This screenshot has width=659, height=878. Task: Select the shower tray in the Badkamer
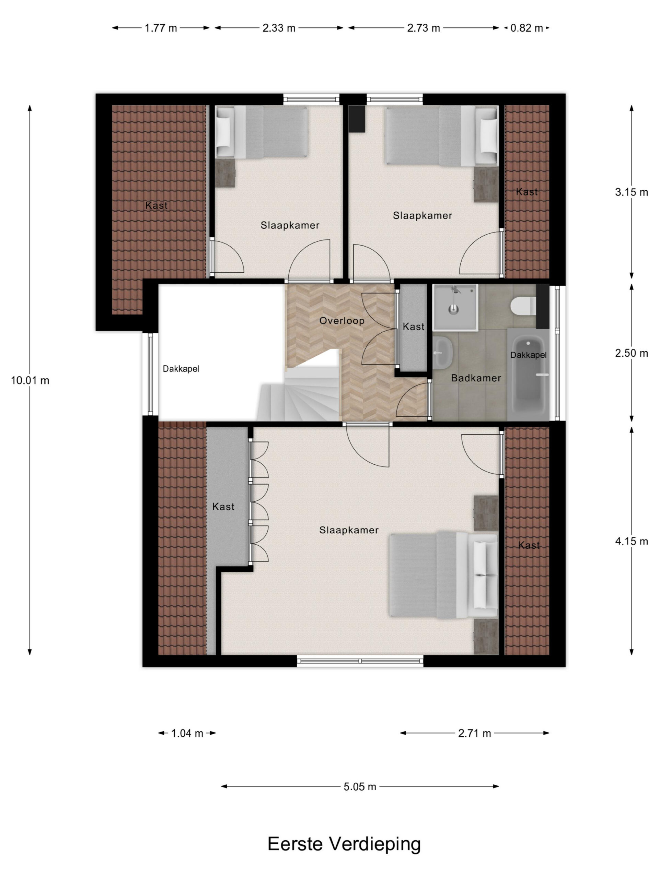coord(454,307)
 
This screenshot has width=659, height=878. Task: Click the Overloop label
coord(342,320)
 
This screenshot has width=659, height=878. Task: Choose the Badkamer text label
coord(476,378)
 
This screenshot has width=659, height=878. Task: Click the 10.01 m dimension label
coord(30,380)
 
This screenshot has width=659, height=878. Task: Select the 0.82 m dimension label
coord(526,28)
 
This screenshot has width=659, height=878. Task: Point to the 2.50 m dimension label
coord(632,353)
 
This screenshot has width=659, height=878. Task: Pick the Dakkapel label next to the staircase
coord(181,369)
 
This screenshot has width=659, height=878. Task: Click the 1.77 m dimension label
coord(161,28)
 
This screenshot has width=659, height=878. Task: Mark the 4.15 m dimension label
coord(632,541)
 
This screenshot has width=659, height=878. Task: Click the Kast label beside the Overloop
coord(414,327)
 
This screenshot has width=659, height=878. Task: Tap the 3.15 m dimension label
coord(632,192)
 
